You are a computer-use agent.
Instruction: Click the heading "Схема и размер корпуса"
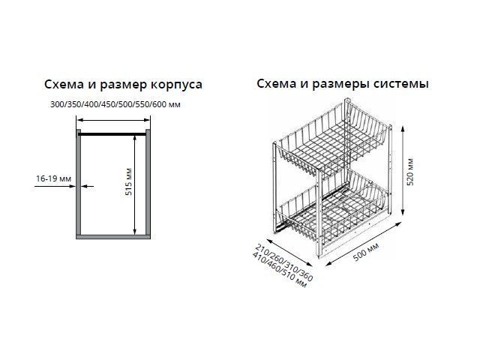click(123, 85)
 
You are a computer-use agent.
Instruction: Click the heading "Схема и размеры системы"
click(343, 84)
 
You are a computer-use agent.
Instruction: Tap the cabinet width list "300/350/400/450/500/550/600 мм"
click(115, 105)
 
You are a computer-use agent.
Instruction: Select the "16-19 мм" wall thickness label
click(53, 178)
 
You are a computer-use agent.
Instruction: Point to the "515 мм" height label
click(128, 181)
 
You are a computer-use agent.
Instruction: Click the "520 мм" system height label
click(410, 172)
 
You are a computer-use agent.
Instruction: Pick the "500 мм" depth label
click(366, 252)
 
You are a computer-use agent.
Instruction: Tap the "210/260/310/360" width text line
click(284, 262)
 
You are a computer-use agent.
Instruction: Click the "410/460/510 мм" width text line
click(279, 270)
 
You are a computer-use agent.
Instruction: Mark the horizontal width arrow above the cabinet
click(113, 120)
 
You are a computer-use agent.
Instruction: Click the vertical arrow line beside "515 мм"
click(135, 185)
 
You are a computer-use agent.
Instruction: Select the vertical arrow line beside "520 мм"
click(403, 172)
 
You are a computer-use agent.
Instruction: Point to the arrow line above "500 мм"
click(363, 244)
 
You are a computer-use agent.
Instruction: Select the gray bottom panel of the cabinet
click(113, 237)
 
